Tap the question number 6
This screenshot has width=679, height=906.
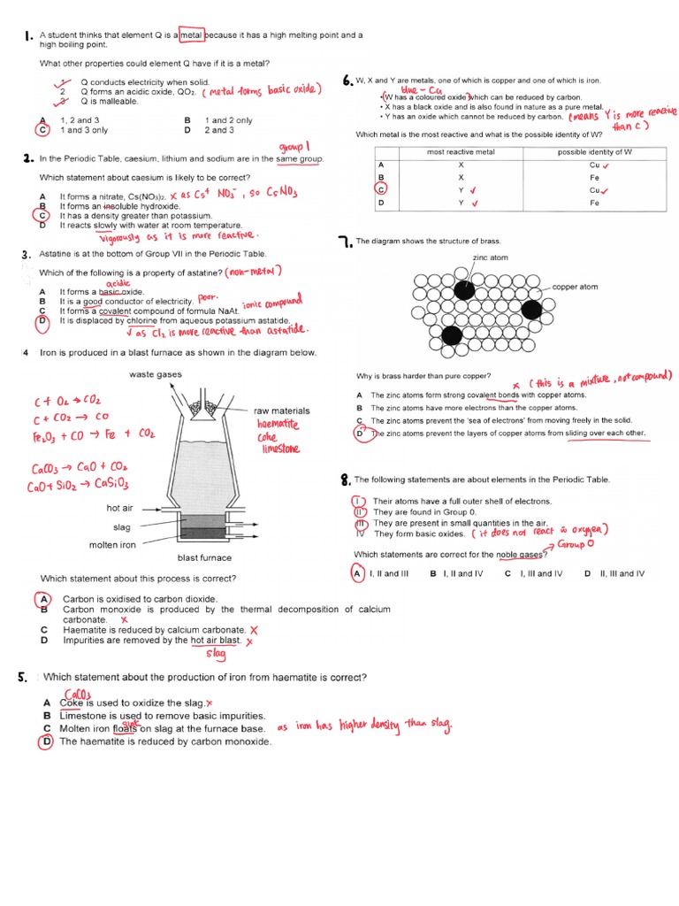pos(347,79)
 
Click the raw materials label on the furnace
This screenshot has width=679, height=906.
pos(281,411)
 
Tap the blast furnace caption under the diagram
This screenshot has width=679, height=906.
pos(204,557)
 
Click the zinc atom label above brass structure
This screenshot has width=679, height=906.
pos(491,257)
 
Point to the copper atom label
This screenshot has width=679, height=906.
pos(576,287)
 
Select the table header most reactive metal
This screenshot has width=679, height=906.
pos(460,152)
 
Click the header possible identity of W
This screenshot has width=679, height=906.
pos(594,152)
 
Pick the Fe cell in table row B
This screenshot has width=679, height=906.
pos(594,177)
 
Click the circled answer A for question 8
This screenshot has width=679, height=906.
pos(358,573)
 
